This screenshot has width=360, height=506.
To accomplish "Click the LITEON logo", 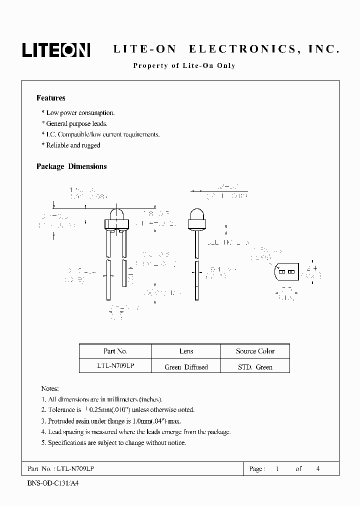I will tap(55, 49).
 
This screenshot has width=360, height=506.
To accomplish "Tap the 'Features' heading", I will tap(51, 98).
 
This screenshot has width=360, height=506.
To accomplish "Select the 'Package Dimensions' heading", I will tap(71, 166).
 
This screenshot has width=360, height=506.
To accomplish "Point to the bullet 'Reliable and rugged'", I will tap(73, 145).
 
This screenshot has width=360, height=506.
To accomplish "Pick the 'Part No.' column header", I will tap(115, 351).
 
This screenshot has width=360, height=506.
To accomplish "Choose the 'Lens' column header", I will tap(186, 351).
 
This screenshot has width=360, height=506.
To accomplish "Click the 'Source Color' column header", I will tap(255, 351).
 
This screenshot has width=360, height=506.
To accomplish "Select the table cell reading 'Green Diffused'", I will tap(186, 367).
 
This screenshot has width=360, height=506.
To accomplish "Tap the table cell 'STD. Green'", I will tap(255, 367).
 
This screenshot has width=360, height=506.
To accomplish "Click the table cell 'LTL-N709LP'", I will tap(115, 366).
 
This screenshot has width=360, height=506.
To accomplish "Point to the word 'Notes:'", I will tap(50, 388).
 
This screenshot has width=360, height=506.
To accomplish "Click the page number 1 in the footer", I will tap(276, 468).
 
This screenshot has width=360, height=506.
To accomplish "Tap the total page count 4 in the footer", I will tap(317, 468).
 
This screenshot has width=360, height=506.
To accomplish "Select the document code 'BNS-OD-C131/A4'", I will tap(48, 484).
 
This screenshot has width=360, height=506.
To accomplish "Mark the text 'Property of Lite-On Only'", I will tap(184, 65).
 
